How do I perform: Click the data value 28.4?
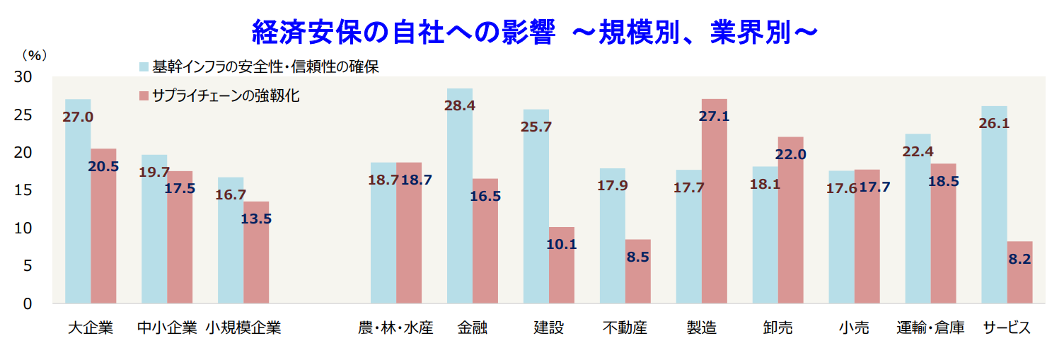[460, 105]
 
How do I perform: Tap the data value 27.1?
[714, 116]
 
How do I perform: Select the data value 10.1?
[562, 245]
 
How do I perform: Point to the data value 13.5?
[256, 219]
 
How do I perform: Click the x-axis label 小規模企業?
[243, 328]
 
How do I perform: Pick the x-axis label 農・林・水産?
[395, 328]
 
